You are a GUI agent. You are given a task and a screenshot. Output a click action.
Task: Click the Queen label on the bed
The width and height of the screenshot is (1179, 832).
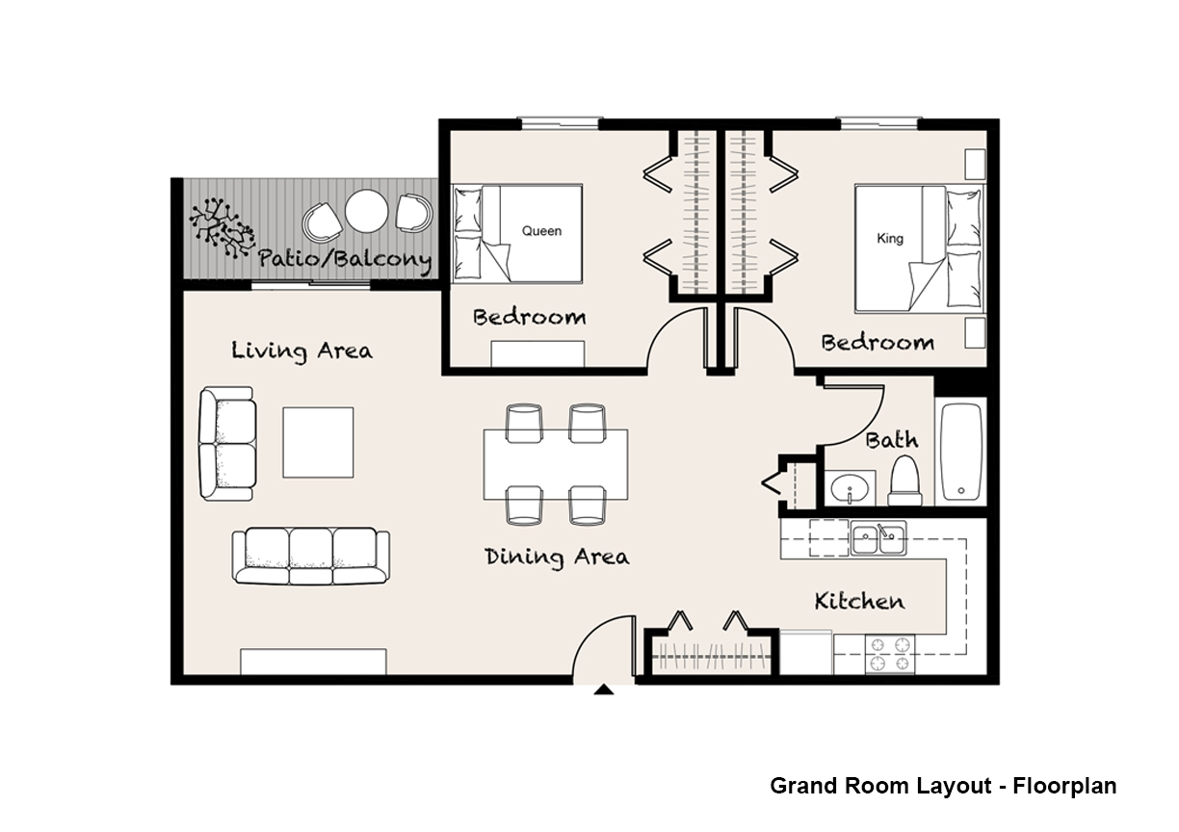(541, 231)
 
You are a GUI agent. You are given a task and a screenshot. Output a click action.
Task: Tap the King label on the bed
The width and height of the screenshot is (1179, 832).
(890, 239)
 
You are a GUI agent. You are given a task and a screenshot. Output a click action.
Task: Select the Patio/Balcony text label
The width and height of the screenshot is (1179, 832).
(345, 259)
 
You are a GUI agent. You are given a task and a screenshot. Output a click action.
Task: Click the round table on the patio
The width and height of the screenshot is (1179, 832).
(367, 211)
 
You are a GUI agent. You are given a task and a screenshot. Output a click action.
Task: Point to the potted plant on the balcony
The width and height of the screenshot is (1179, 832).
(222, 227)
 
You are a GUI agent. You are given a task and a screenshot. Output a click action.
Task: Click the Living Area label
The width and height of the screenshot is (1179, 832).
(302, 351)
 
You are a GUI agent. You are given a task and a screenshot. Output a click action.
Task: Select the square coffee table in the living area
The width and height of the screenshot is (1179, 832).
(318, 442)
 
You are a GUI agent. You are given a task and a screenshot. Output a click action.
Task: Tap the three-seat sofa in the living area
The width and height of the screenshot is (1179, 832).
(311, 557)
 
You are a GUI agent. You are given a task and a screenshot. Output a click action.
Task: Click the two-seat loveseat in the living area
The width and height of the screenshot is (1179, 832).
(227, 444)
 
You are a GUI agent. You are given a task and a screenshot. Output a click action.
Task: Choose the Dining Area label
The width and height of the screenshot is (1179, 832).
(557, 557)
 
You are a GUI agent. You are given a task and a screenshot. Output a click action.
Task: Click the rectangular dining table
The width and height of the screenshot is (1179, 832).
(556, 465)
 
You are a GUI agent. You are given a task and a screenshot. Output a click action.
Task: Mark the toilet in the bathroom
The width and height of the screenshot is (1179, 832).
(904, 481)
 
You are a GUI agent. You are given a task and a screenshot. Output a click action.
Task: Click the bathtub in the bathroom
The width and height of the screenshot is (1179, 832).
(961, 452)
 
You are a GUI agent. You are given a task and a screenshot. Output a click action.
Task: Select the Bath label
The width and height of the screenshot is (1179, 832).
(892, 440)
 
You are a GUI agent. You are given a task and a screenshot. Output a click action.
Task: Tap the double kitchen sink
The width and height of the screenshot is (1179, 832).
(878, 538)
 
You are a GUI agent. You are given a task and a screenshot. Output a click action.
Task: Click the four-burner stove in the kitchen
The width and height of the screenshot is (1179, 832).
(889, 654)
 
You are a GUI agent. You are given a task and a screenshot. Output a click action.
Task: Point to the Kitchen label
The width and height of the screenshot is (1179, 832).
(859, 601)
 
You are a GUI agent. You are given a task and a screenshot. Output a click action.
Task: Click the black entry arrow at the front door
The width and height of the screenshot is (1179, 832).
(604, 689)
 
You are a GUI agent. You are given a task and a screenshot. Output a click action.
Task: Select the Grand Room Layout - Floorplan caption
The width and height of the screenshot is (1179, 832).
(943, 786)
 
